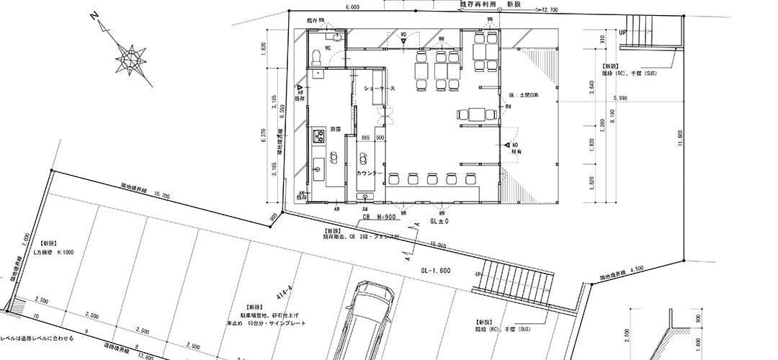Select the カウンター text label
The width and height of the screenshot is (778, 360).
pos(368,174)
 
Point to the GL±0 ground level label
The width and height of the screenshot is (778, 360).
pos(439,222)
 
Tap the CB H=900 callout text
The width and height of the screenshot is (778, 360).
pos(377,216)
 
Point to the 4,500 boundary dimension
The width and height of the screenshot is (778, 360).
pos(635,269)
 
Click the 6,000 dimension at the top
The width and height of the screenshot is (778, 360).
pos(352,6)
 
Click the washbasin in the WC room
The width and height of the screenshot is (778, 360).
pos(336,35)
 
